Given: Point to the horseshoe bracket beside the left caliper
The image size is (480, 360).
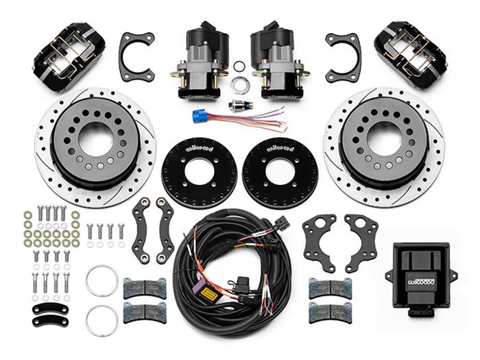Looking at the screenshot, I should click(136, 55).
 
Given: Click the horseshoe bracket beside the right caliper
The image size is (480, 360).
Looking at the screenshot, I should click(343, 55).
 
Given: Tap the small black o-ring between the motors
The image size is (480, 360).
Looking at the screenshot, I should click(239, 67).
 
